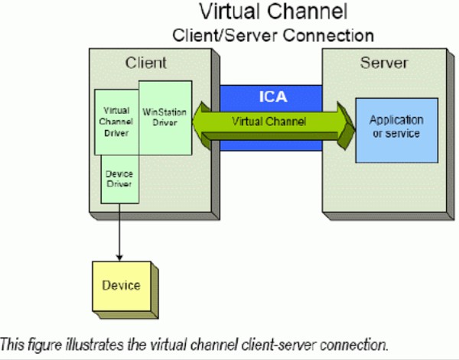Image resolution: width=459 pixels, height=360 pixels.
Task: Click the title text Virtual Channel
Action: [273, 12]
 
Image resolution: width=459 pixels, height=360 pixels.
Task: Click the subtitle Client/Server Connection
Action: [273, 34]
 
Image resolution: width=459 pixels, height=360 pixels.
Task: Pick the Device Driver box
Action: [119, 179]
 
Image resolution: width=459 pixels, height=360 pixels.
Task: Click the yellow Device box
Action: [121, 285]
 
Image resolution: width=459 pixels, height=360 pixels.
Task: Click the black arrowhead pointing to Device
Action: [119, 255]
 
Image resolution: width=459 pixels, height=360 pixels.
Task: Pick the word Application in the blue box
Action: [396, 121]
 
